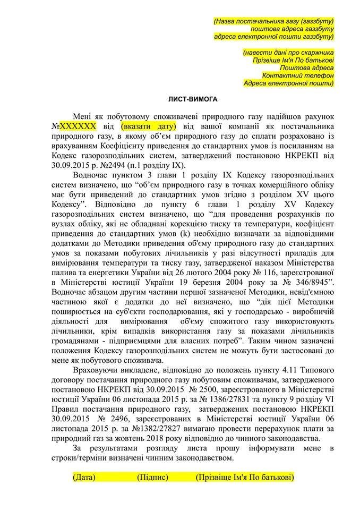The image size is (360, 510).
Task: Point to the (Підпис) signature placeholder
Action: pos(152,477)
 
